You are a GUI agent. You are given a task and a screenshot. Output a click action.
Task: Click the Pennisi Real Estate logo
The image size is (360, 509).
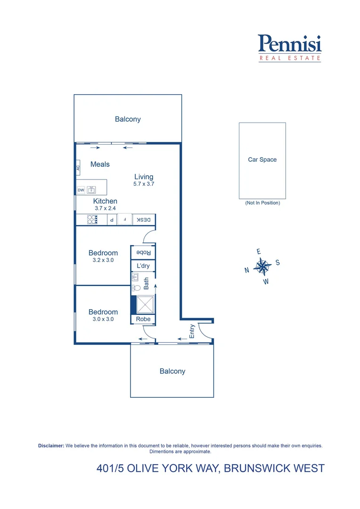(290, 48)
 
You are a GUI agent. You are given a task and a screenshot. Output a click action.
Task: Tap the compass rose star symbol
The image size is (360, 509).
(262, 267)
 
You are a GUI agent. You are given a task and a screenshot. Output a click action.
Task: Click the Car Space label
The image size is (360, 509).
(262, 160)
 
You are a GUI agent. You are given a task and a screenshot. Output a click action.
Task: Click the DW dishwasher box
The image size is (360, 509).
(81, 190)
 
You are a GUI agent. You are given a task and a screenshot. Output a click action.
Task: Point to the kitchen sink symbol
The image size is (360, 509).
(91, 190)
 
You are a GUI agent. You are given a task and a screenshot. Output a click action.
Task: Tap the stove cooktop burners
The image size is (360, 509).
(92, 220)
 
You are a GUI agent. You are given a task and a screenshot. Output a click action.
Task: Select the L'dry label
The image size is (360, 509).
(143, 266)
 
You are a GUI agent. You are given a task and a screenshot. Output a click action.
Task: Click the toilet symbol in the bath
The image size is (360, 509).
(136, 287)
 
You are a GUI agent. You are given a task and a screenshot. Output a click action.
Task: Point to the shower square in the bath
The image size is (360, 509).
(145, 304)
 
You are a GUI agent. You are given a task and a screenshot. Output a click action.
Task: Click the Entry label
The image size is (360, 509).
(192, 331)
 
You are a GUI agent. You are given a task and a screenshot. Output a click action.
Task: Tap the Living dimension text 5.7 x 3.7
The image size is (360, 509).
(144, 184)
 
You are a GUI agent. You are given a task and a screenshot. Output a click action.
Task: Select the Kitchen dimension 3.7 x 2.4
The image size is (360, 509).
(105, 208)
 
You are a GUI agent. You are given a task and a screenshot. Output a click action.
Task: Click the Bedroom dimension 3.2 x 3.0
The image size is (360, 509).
(103, 260)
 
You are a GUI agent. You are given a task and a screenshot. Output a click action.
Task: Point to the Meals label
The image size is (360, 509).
(100, 164)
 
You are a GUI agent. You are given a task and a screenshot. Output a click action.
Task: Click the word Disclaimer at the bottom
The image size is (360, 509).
(51, 445)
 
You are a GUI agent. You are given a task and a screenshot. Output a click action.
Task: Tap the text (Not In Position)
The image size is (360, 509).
(262, 203)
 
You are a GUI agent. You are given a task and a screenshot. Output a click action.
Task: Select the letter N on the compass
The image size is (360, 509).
(246, 271)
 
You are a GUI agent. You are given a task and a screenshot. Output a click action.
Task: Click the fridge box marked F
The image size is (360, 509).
(124, 220)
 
